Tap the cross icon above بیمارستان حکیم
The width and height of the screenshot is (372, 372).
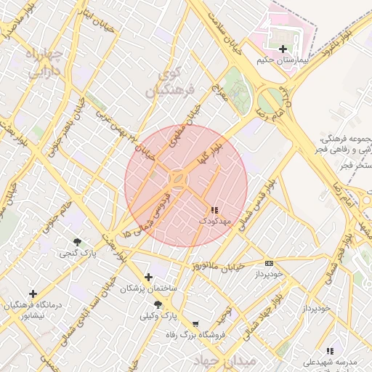coord(283,49)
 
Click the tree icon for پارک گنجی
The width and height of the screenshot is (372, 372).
coord(77,241)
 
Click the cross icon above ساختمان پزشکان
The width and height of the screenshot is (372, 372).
coord(149,277)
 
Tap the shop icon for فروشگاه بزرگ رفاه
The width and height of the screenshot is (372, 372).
coord(195,324)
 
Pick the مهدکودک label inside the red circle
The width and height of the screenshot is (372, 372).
coord(214,219)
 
